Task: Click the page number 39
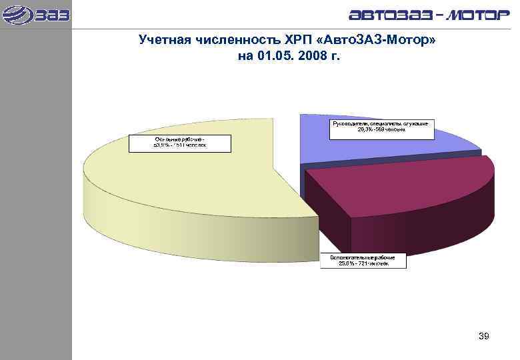click(x=484, y=337)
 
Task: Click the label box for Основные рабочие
click(x=180, y=143)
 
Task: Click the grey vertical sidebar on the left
click(x=35, y=200)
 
